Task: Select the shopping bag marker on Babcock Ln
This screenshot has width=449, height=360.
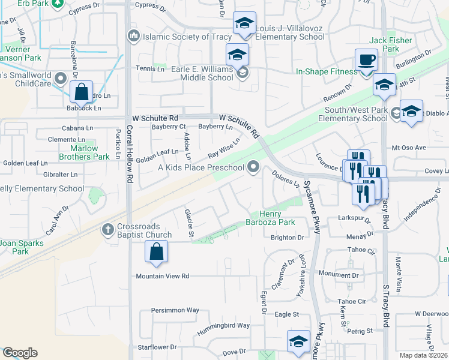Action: click(81, 93)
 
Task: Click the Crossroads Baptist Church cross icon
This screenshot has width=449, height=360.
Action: click(107, 229)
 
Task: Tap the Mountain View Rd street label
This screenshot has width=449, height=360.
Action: click(162, 276)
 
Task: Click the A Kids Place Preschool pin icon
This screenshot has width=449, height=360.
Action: click(255, 167)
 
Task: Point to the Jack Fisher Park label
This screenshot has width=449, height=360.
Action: click(384, 44)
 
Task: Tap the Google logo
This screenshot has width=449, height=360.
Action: click(20, 353)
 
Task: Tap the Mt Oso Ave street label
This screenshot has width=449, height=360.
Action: click(408, 147)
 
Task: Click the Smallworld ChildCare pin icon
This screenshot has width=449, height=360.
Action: click(60, 79)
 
